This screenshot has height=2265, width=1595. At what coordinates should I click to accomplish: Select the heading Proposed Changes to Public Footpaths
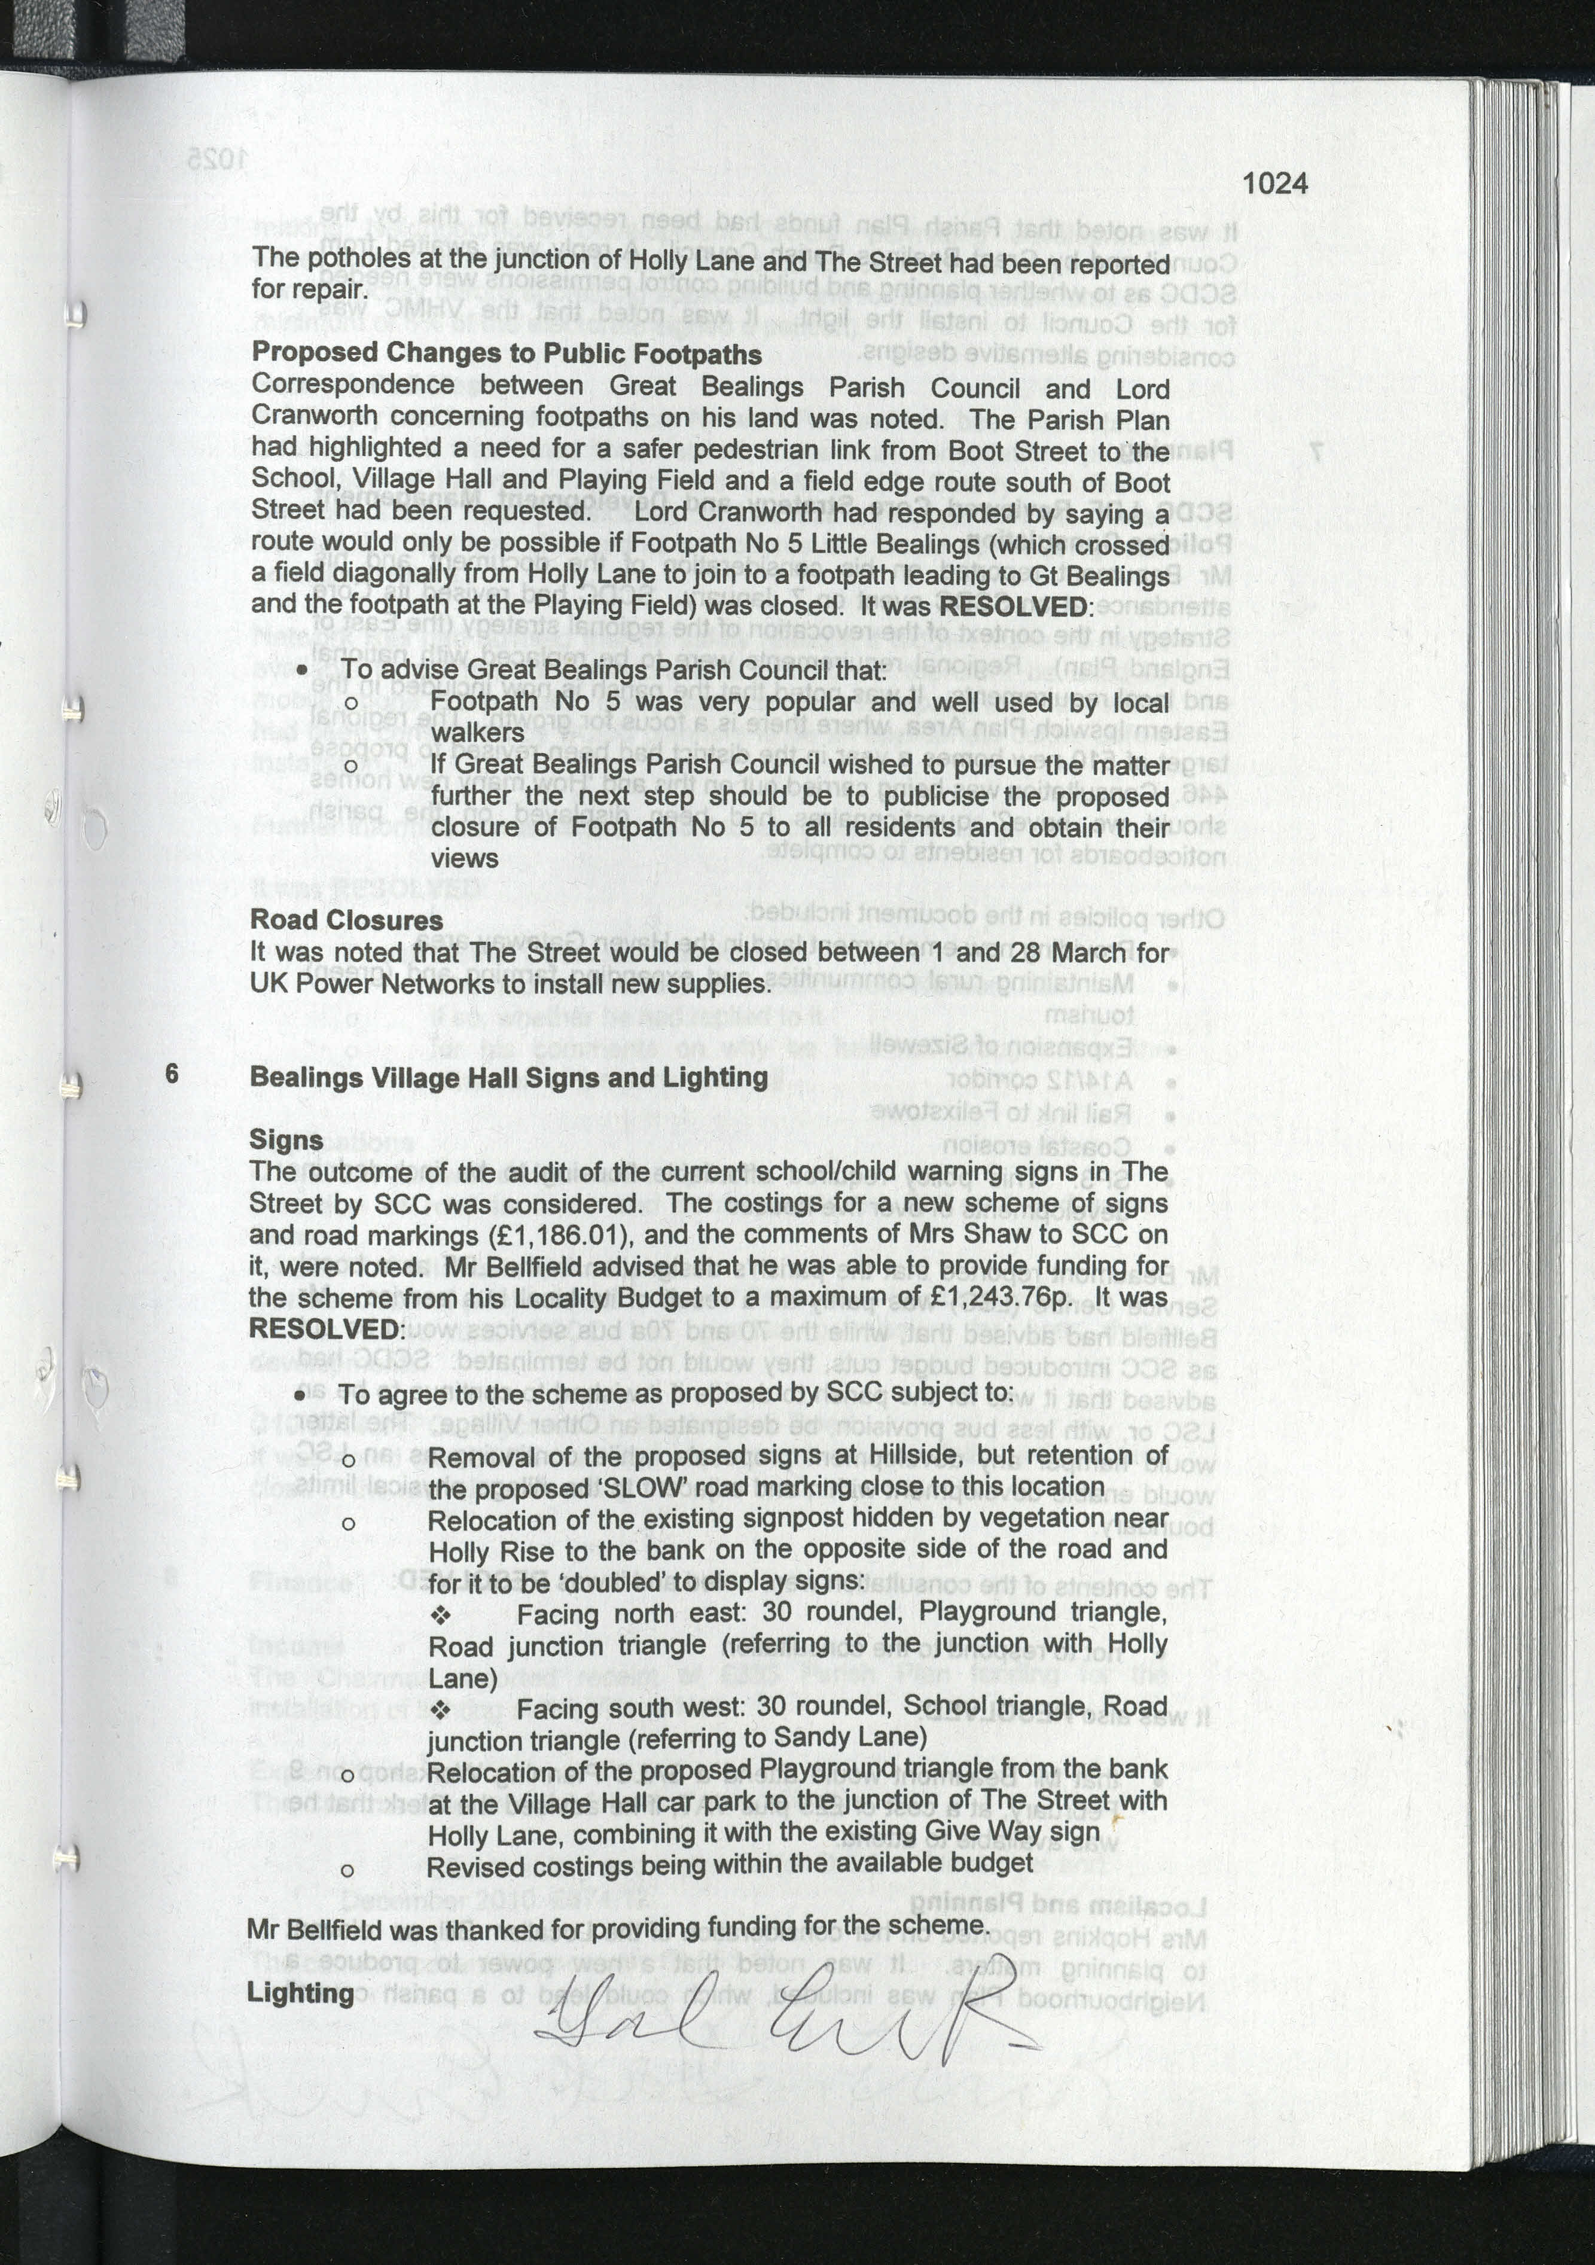(x=506, y=353)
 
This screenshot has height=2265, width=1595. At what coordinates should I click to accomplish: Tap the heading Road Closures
(x=346, y=919)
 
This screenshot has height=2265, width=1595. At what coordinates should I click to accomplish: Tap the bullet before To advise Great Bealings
(x=303, y=671)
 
